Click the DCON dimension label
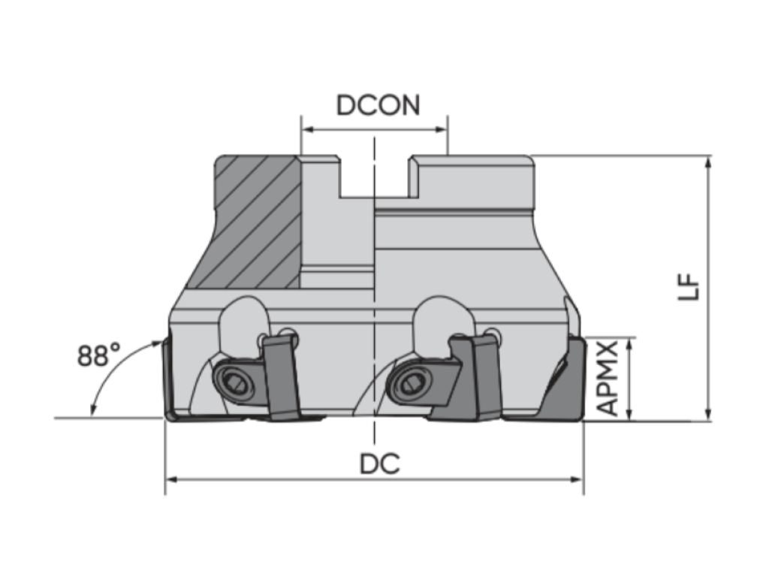tap(378, 105)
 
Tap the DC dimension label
tap(379, 464)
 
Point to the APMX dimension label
tap(608, 379)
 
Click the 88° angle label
tap(98, 355)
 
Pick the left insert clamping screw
tap(234, 381)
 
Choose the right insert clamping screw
tap(409, 382)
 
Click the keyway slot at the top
tap(375, 177)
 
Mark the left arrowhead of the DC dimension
tap(170, 479)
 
